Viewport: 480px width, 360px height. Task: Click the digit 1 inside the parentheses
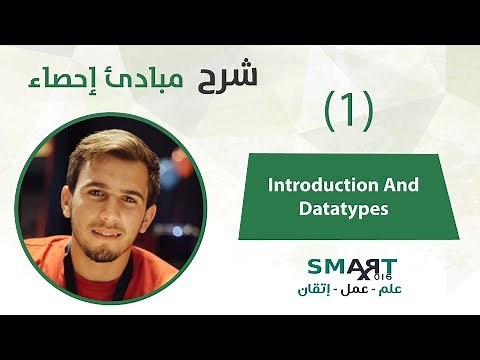point(349,111)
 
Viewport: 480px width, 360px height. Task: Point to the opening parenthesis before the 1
point(330,111)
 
